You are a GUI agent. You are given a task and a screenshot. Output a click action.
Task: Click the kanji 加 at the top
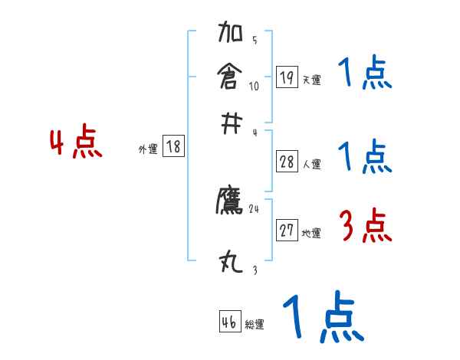click(232, 34)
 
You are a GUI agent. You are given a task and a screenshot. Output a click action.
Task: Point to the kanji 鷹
click(231, 201)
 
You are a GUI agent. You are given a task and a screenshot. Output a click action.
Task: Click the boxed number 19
click(287, 77)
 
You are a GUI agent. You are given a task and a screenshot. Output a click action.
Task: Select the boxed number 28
click(287, 161)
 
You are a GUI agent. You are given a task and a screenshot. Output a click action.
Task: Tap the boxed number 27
click(287, 231)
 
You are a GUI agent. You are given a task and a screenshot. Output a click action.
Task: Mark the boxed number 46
click(229, 322)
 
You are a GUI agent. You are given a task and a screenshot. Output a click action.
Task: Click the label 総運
click(255, 325)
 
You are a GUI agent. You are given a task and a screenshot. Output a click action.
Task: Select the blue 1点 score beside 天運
click(364, 74)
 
